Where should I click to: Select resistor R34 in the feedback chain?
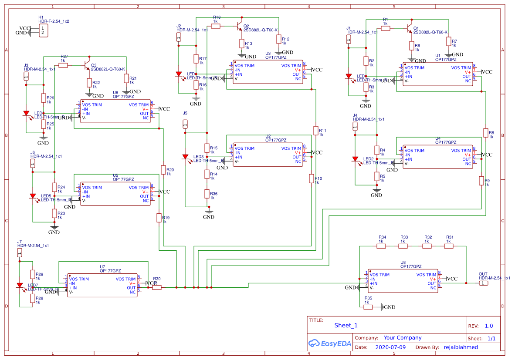click(x=381, y=246)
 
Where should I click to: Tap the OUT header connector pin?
click(x=484, y=283)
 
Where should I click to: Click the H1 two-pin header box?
click(x=43, y=30)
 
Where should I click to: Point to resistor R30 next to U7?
click(x=157, y=287)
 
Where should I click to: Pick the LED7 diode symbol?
click(x=20, y=286)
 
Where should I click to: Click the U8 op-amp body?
click(x=403, y=281)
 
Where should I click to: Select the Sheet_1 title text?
click(x=346, y=325)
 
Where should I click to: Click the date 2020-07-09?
click(x=390, y=347)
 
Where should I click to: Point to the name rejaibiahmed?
click(x=461, y=347)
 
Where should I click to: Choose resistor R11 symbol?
click(x=316, y=131)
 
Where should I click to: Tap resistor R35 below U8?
click(x=368, y=307)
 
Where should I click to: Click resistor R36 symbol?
click(x=207, y=194)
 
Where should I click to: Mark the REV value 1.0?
click(x=489, y=326)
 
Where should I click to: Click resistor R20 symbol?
click(x=163, y=170)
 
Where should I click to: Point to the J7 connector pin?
click(x=20, y=253)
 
